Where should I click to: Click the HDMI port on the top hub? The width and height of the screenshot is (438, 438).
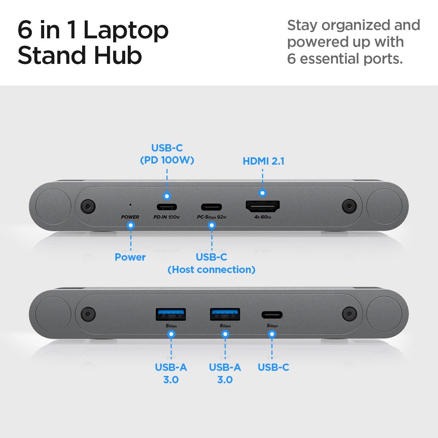pyautogui.click(x=262, y=207)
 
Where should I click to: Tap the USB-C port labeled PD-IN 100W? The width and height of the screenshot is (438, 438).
pyautogui.click(x=167, y=207)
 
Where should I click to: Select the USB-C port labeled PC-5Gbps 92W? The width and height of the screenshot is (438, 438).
pyautogui.click(x=212, y=207)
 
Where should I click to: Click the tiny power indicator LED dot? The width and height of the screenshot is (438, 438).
pyautogui.click(x=130, y=205)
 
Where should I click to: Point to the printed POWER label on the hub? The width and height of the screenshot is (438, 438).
pyautogui.click(x=130, y=217)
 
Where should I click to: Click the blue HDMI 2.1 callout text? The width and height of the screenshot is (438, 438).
pyautogui.click(x=263, y=161)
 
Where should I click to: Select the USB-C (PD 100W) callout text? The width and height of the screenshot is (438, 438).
pyautogui.click(x=167, y=154)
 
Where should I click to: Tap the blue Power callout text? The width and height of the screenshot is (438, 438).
pyautogui.click(x=130, y=257)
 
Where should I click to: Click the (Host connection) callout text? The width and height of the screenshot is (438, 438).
pyautogui.click(x=211, y=269)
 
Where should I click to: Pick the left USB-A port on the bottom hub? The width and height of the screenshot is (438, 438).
pyautogui.click(x=171, y=314)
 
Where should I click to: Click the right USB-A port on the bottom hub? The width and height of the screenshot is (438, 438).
pyautogui.click(x=225, y=314)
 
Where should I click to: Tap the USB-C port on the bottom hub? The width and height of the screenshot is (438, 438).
pyautogui.click(x=272, y=315)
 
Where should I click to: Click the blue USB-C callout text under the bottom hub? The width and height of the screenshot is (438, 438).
pyautogui.click(x=273, y=367)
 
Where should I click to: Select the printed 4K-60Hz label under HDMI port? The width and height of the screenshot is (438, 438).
pyautogui.click(x=263, y=217)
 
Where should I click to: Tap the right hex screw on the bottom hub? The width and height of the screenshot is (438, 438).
pyautogui.click(x=349, y=314)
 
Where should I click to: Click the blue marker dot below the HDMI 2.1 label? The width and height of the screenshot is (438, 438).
pyautogui.click(x=262, y=193)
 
